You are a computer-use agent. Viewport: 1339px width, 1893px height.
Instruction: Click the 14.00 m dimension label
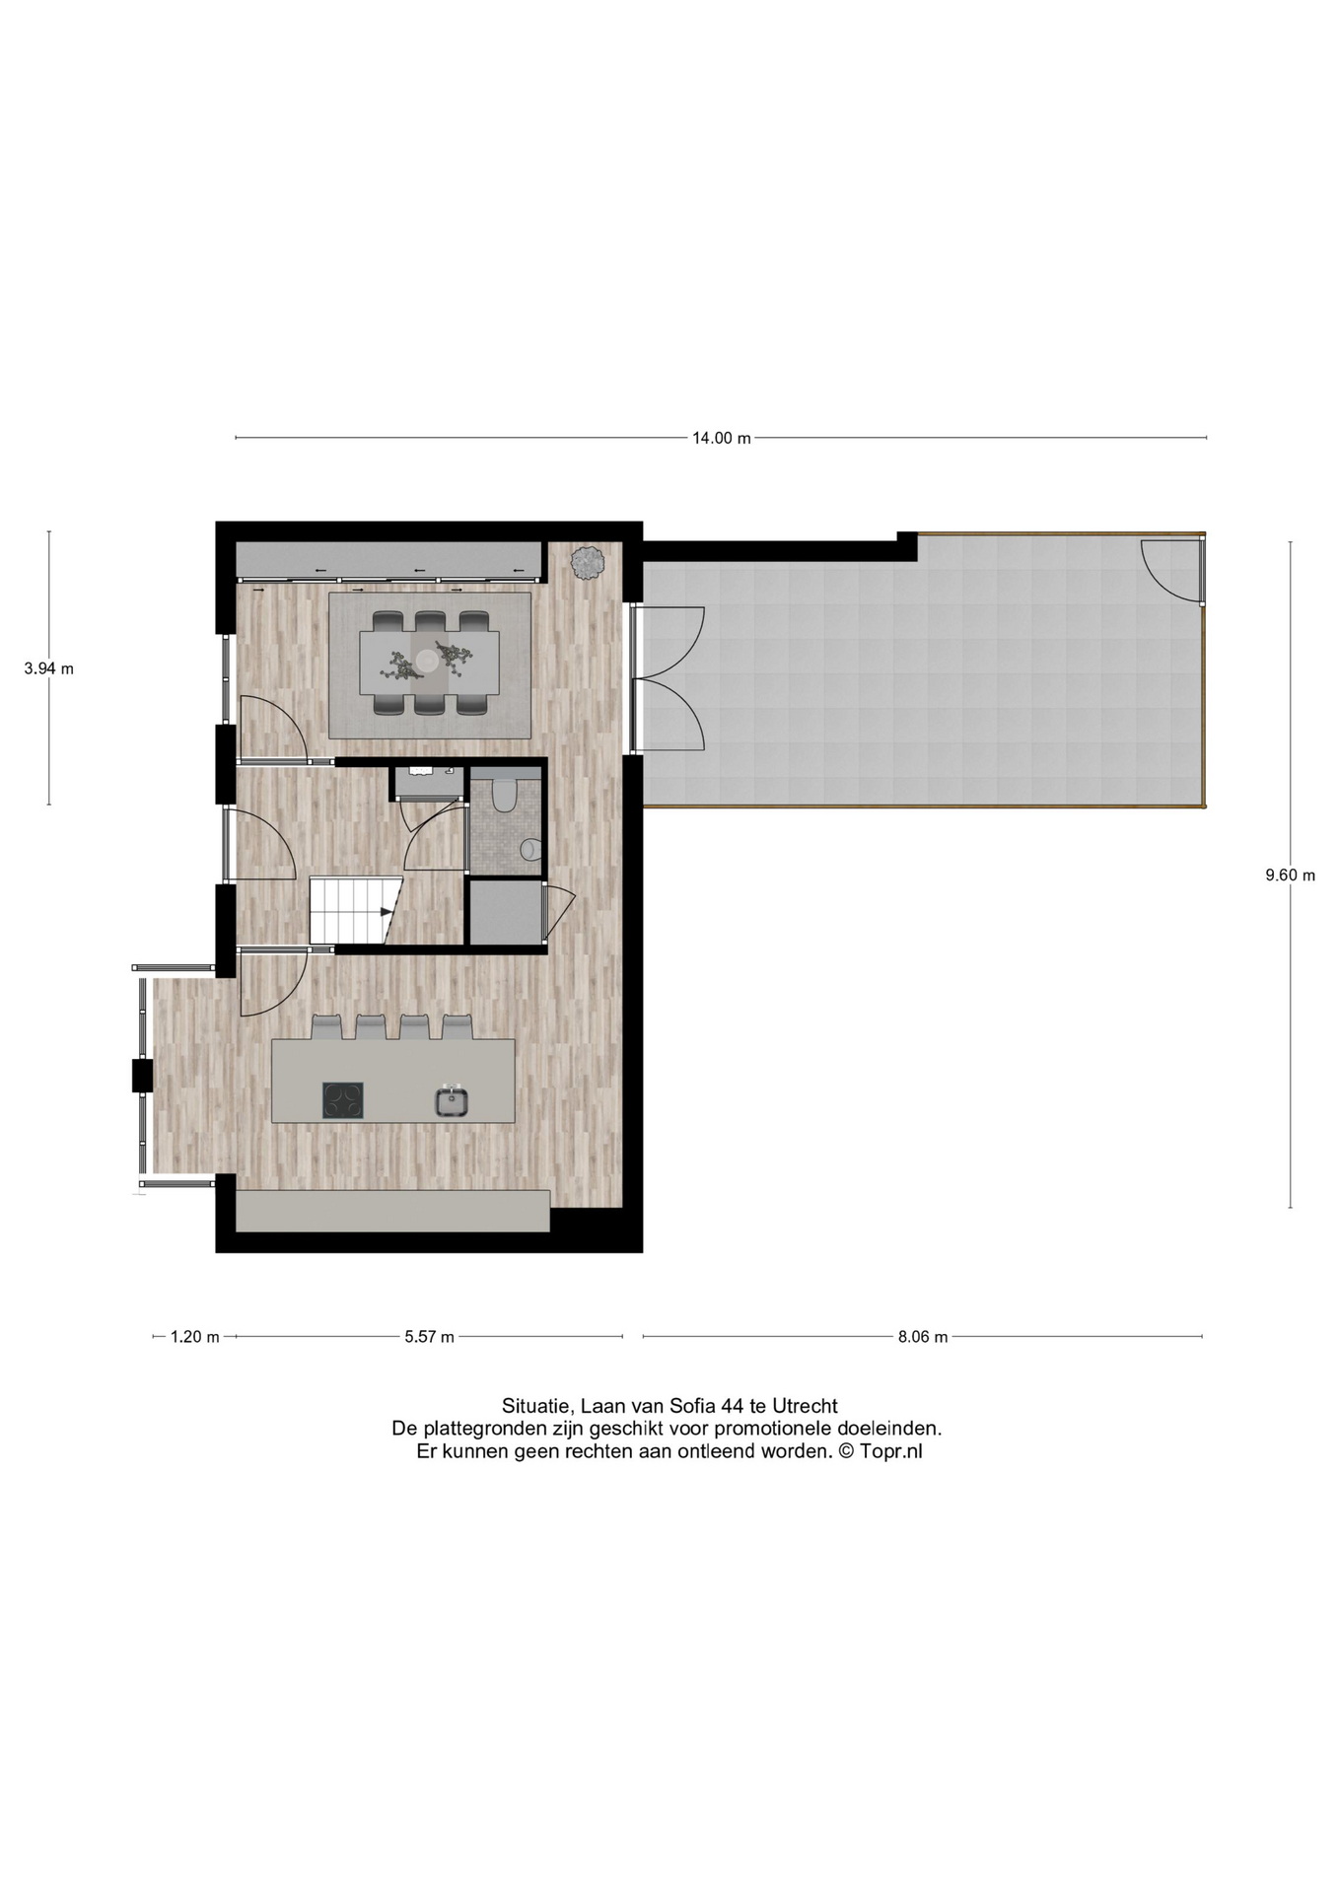coord(721,438)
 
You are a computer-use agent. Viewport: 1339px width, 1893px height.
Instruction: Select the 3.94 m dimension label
coord(49,668)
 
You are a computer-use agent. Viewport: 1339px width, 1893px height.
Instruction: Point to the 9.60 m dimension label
coord(1291,875)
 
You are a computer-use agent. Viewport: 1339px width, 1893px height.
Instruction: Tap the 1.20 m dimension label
coord(194,1337)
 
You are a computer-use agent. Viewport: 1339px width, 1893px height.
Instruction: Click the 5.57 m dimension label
coord(429,1337)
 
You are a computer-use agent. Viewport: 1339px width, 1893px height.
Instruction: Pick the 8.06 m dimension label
coord(923,1337)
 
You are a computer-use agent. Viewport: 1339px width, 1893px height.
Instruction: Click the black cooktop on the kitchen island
coord(343,1100)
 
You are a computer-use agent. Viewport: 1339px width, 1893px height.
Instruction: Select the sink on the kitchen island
coord(453,1100)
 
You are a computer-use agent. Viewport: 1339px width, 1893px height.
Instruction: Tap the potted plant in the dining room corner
coord(588,562)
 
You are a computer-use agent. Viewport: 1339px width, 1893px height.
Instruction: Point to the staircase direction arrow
coord(387,911)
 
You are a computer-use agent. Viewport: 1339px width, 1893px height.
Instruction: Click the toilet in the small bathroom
coord(505,795)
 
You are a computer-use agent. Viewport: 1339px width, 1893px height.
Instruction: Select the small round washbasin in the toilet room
coord(530,848)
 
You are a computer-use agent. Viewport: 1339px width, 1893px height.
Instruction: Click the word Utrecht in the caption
coord(805,1406)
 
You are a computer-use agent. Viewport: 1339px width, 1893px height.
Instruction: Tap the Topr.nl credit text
coord(891,1451)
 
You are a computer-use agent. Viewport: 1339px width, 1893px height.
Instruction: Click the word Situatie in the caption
coord(537,1407)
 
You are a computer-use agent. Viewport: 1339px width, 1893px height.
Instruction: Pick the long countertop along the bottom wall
coord(392,1211)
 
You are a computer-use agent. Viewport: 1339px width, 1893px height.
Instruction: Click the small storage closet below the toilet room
coord(506,913)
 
